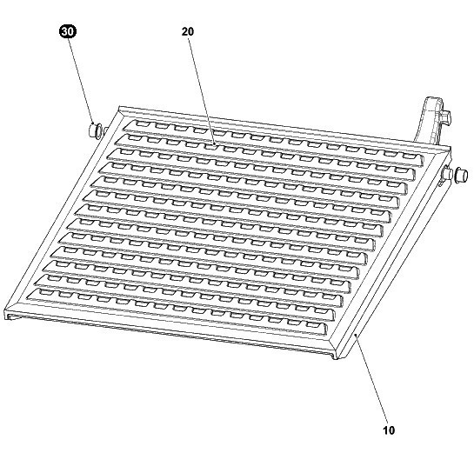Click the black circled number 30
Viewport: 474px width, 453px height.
coord(68,31)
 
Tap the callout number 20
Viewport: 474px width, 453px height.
coord(188,31)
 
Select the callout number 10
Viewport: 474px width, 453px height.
coord(389,430)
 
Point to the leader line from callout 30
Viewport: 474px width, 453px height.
coord(81,81)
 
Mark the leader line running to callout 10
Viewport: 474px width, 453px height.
coord(371,379)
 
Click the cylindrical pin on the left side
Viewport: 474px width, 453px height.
coord(95,130)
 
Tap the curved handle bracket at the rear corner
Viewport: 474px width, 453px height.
coord(431,122)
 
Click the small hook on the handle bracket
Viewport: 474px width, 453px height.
coord(445,118)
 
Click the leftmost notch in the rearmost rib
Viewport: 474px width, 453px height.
coord(142,123)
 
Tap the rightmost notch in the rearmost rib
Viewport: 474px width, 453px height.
coord(408,156)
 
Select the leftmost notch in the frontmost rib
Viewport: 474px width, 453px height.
coord(44,292)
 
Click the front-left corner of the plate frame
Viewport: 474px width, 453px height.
coord(5,310)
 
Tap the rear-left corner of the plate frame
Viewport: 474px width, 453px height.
coord(120,107)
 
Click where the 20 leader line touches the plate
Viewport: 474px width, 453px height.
coord(215,145)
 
